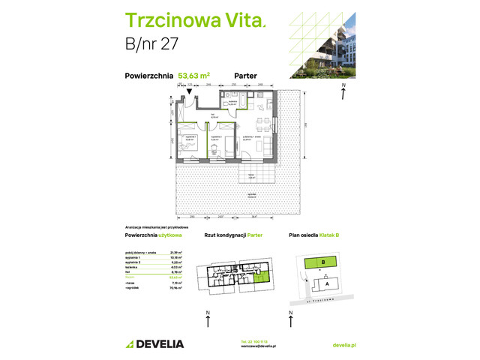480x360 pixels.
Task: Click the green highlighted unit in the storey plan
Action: (259, 281)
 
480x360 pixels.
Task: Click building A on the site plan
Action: (327, 284)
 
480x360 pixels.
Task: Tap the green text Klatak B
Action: (327, 235)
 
